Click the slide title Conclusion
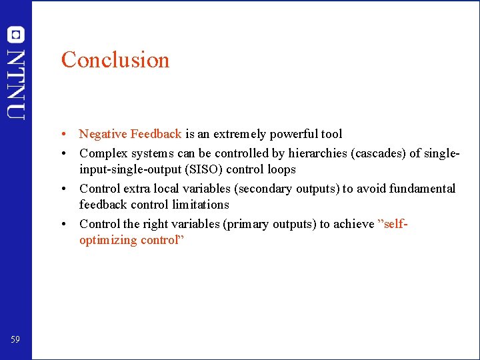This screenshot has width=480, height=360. click(x=115, y=60)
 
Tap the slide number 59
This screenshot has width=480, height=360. click(x=15, y=340)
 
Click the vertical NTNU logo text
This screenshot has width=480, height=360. click(x=16, y=84)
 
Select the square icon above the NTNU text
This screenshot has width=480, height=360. click(x=16, y=35)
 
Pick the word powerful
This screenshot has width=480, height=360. click(x=291, y=134)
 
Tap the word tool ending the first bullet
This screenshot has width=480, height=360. click(x=331, y=134)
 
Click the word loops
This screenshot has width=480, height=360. click(x=281, y=169)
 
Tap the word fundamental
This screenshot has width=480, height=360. click(x=423, y=189)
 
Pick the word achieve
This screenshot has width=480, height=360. click(x=353, y=224)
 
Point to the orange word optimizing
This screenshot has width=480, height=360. click(x=108, y=240)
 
